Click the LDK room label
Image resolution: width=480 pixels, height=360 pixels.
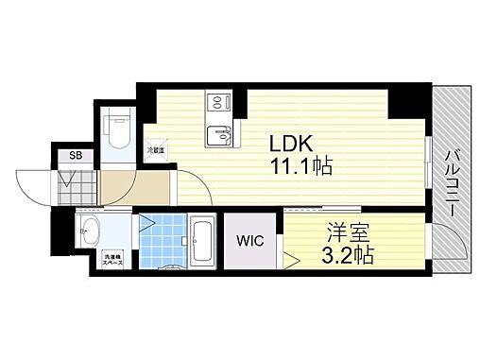pyautogui.click(x=293, y=146)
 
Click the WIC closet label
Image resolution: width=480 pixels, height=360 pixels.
pyautogui.click(x=251, y=240)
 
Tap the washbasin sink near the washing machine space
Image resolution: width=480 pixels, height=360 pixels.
pyautogui.click(x=91, y=230)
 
